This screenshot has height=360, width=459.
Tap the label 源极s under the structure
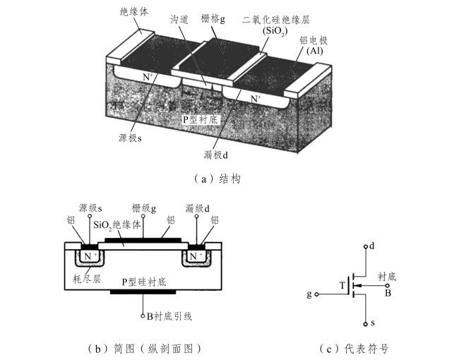point(130,138)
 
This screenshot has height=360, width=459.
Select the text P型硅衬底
point(143,282)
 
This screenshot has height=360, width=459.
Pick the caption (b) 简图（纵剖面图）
point(144,348)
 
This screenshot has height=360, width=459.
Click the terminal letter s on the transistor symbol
point(375,324)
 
